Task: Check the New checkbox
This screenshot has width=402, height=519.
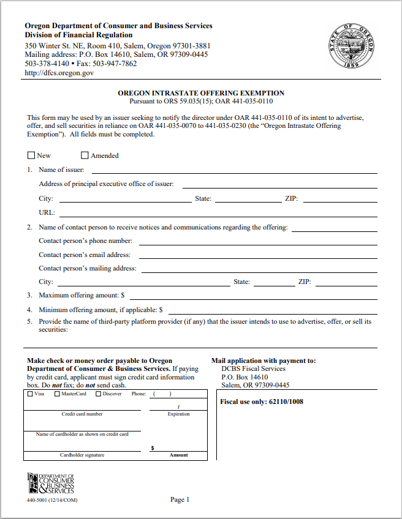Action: [31, 155]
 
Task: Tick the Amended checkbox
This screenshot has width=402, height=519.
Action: [85, 155]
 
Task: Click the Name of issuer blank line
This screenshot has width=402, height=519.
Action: [234, 171]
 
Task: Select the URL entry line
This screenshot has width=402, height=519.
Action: [218, 214]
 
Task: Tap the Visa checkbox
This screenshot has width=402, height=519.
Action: [31, 394]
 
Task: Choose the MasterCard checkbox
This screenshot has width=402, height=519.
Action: [58, 394]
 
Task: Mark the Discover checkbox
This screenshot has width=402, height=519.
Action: [99, 394]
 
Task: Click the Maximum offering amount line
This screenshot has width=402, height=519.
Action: [251, 297]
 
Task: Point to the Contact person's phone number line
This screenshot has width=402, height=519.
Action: [257, 242]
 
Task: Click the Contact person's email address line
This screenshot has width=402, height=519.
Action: [257, 256]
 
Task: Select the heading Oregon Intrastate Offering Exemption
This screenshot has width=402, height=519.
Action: [201, 93]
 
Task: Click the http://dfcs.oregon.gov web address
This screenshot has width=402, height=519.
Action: [59, 73]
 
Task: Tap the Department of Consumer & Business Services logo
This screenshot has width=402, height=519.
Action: [51, 484]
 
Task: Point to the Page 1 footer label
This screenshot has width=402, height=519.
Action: [180, 500]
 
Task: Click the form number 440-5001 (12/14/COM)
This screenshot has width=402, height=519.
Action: [52, 501]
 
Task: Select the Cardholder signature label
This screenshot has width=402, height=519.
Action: [82, 455]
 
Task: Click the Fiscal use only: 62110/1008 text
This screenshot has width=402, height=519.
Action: [262, 401]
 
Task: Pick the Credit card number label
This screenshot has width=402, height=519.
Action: [82, 414]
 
